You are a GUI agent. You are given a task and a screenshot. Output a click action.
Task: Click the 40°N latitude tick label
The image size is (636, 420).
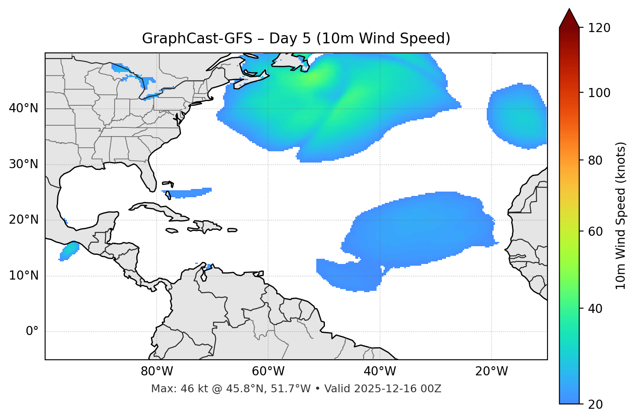(23, 108)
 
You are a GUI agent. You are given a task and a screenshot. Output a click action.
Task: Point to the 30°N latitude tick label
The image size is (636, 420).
(23, 164)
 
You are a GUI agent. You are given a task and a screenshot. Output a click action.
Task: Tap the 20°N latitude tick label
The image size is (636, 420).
(23, 220)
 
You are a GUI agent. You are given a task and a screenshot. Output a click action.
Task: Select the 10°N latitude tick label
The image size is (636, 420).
(23, 276)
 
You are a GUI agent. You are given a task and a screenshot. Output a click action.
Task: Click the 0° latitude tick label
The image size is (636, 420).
(32, 332)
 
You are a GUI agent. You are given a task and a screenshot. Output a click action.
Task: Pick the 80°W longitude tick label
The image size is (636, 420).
(157, 371)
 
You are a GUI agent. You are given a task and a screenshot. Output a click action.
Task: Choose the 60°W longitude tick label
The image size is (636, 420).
(268, 371)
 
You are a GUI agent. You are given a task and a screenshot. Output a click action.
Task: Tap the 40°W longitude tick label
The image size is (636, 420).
(380, 371)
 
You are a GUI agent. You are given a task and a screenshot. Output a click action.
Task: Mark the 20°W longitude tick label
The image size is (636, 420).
(492, 371)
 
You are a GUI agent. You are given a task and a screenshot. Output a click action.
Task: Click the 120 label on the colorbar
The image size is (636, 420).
(599, 28)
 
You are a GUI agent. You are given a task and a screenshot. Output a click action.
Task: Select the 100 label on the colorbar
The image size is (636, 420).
(599, 93)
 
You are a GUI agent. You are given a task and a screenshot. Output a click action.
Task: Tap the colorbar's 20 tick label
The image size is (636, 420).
(596, 404)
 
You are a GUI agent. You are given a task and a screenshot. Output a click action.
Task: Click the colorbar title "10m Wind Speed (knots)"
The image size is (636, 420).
(621, 215)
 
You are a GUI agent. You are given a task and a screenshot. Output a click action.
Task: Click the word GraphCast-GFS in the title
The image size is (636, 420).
(197, 39)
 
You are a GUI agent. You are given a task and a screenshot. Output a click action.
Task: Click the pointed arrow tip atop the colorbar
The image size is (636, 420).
(569, 10)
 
